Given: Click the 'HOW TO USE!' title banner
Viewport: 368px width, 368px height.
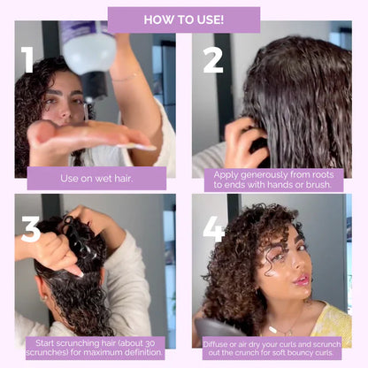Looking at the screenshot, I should (184, 19).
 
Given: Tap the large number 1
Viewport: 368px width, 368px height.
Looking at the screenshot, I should (28, 59).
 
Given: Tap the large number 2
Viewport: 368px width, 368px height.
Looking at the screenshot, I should (213, 59).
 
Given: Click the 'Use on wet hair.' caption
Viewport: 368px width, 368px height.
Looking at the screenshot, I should (96, 178).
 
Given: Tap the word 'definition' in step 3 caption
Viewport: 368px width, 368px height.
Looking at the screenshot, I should (136, 352).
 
